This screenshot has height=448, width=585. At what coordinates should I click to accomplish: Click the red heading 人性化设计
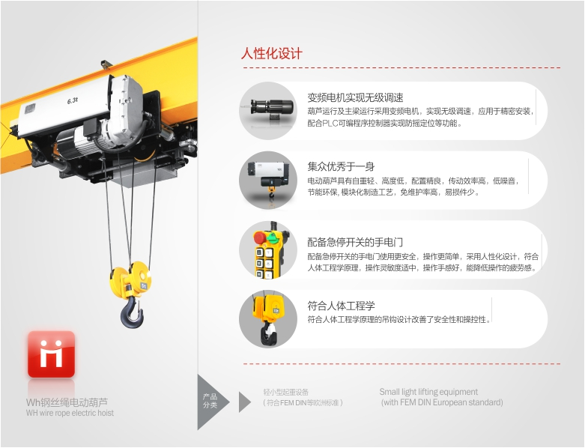272,54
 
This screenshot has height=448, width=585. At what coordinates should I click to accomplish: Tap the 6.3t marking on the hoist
73,100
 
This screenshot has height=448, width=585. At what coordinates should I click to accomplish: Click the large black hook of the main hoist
132,312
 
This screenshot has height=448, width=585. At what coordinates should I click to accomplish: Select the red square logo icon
51,354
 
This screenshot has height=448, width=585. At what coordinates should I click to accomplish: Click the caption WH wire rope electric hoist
70,413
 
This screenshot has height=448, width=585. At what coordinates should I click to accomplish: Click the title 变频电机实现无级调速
355,97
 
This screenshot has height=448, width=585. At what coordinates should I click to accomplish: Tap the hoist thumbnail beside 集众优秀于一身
269,179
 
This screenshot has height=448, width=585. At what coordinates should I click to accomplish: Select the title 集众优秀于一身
341,166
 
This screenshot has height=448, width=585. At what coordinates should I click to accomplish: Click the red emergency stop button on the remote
260,237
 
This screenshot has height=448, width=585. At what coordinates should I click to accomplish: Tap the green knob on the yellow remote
275,237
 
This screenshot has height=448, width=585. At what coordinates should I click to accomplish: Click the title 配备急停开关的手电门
355,243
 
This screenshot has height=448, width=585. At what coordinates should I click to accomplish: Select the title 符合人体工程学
341,306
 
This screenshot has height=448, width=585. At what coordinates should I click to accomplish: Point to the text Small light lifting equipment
428,392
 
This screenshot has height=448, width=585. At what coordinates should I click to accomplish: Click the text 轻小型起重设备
286,392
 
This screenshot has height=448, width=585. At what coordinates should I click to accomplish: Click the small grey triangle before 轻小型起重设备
244,402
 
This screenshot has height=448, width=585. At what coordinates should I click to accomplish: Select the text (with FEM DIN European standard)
442,402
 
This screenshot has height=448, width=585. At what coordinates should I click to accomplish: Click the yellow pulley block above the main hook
131,279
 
